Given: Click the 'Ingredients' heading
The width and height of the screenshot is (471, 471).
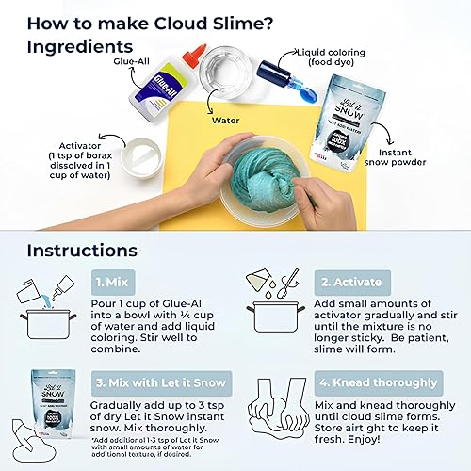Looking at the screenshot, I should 86,45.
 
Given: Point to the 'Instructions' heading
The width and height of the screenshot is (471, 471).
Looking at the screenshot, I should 82,251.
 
